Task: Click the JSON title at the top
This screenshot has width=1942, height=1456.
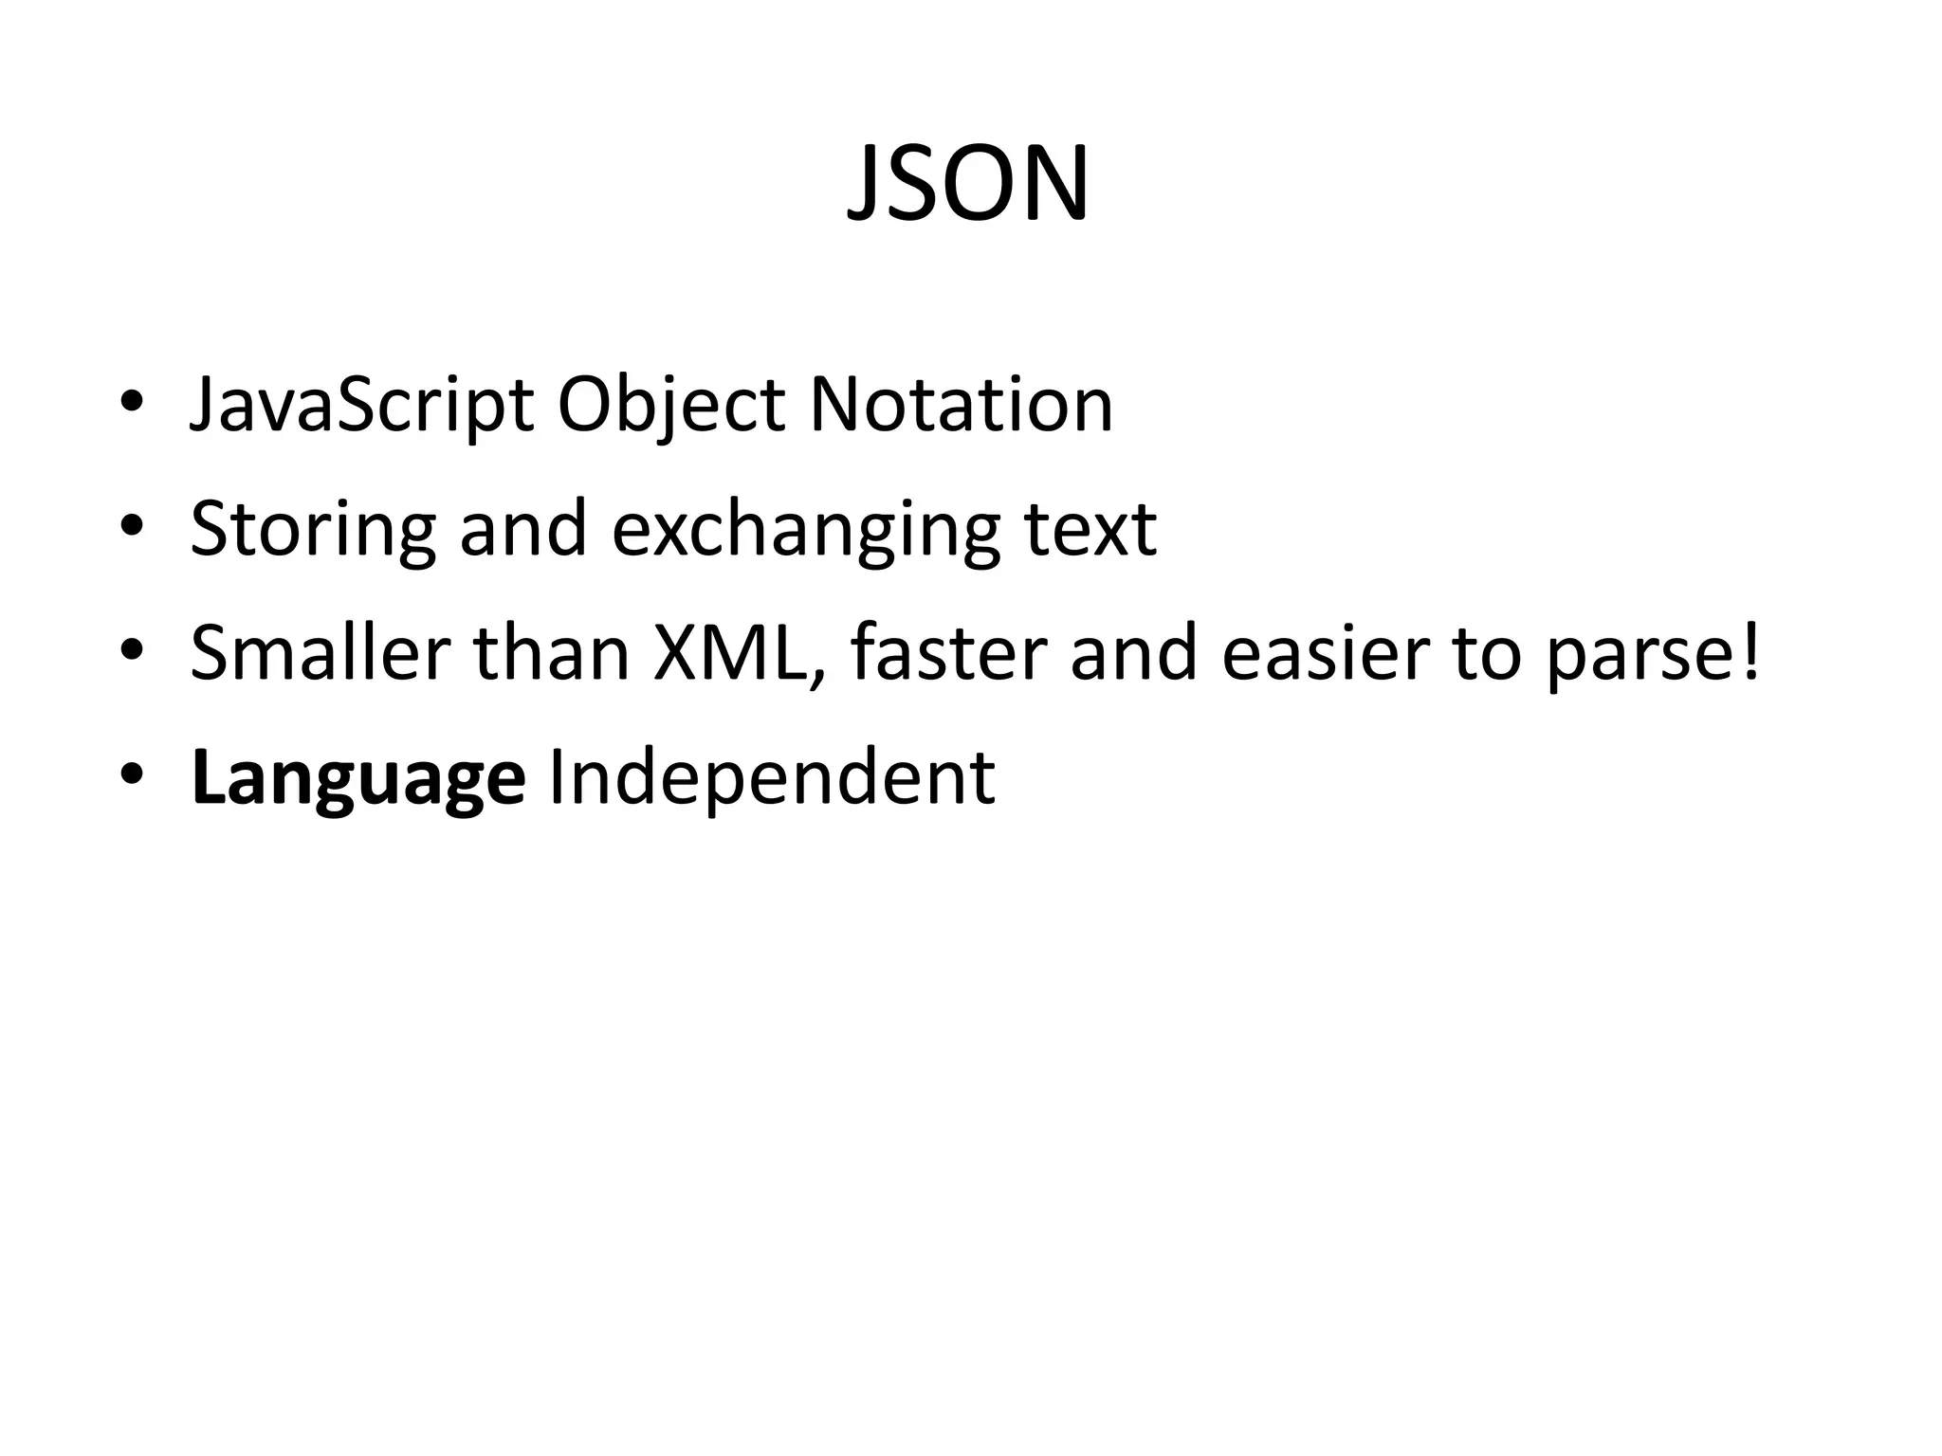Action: point(968,185)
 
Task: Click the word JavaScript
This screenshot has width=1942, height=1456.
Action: point(361,406)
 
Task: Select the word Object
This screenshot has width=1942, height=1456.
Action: point(670,406)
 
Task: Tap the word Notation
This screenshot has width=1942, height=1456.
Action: point(961,406)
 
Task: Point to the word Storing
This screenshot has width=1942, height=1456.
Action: point(313,529)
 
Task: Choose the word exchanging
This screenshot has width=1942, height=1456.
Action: point(805,529)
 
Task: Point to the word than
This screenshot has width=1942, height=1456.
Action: point(551,653)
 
